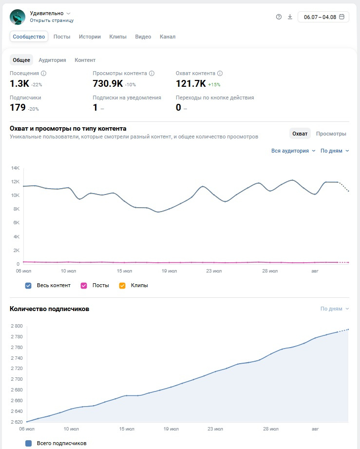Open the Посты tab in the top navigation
pos(62,37)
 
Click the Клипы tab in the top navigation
pos(118,37)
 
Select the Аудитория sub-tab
pos(53,60)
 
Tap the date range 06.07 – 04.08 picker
pos(323,17)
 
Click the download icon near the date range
pos(290,17)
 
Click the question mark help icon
pos(279,17)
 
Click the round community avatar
pos(18,17)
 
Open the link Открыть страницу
pos(52,20)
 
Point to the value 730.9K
pos(108,84)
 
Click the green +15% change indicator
pos(214,85)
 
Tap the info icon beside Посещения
pos(43,73)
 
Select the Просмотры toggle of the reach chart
pos(331,134)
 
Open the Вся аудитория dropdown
pos(293,151)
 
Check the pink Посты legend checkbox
pos(84,286)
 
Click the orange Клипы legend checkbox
pos(122,286)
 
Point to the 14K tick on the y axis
pos(16,168)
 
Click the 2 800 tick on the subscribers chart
pos(17,326)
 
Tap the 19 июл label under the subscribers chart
pos(171,429)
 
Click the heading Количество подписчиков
pos(50,309)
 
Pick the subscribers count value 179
pos(18,108)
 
